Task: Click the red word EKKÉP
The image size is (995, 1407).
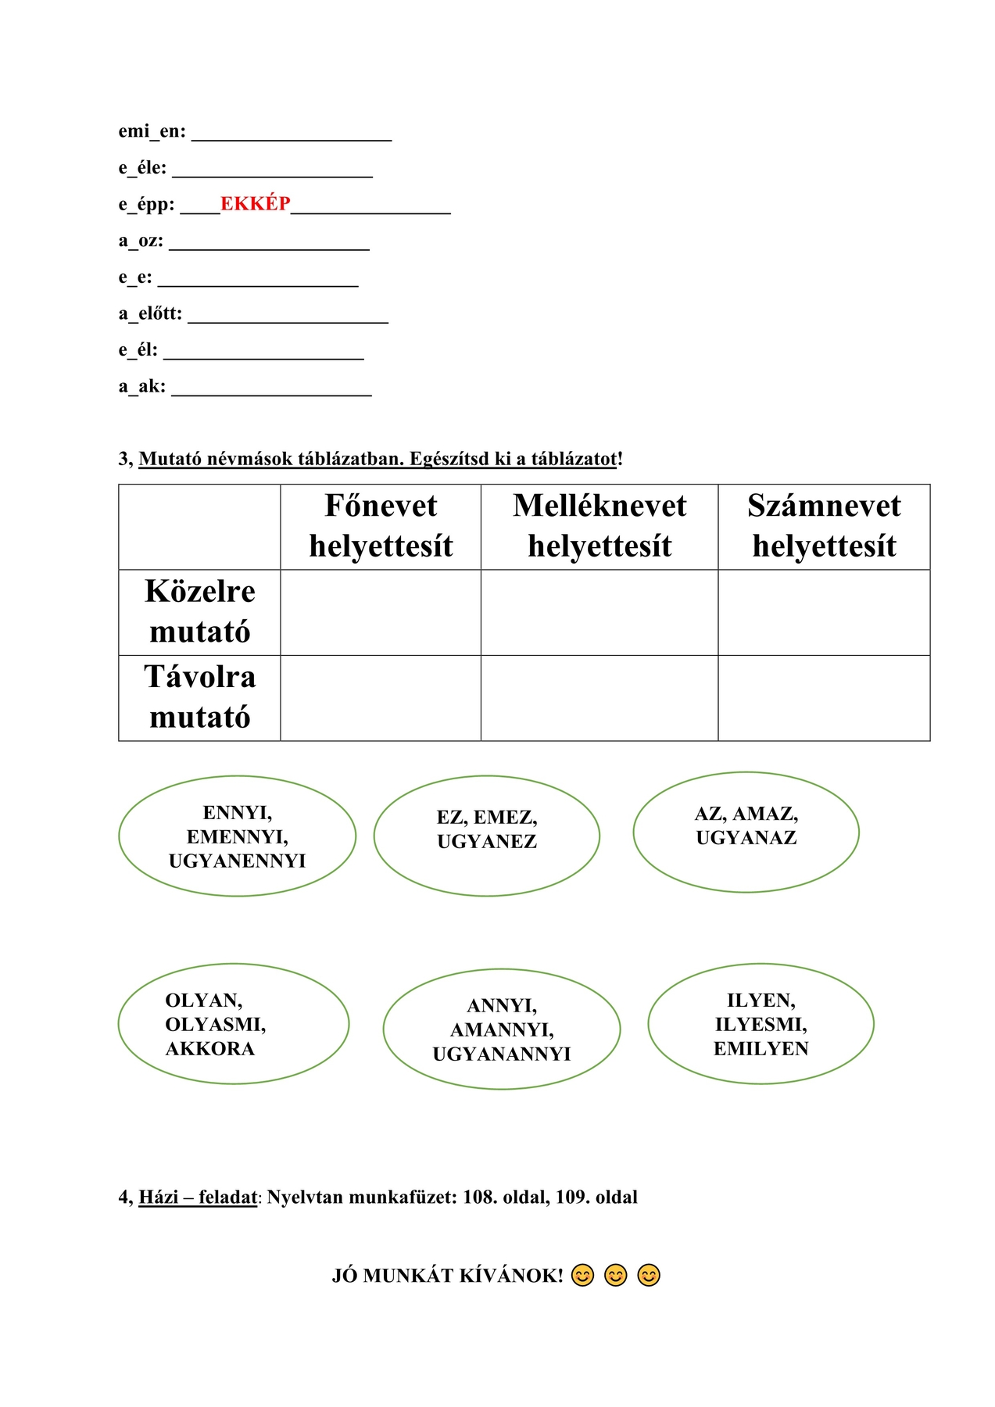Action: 255,204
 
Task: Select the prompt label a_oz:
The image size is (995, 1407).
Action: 141,241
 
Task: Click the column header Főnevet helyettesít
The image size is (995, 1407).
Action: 381,526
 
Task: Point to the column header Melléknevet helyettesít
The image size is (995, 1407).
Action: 600,526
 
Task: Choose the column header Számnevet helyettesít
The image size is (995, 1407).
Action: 824,526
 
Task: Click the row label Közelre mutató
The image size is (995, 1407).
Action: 199,611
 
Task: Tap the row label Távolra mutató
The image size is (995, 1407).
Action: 199,697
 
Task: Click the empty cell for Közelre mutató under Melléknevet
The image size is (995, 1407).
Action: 600,612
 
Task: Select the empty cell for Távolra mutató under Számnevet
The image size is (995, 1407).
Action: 824,698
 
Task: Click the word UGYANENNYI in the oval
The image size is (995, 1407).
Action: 237,861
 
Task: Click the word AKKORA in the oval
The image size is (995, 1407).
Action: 209,1049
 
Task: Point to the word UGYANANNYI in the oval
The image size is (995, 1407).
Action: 501,1054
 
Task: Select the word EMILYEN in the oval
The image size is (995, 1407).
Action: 761,1049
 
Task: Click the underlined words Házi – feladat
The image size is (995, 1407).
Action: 198,1198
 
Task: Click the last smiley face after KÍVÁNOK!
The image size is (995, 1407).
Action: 649,1276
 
